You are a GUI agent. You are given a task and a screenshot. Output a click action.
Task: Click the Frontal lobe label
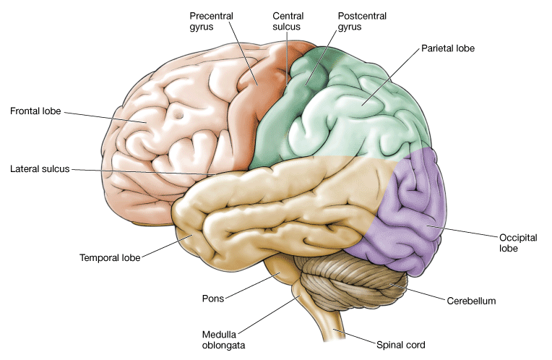coord(35,111)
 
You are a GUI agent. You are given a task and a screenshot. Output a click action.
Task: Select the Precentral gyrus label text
coord(209,21)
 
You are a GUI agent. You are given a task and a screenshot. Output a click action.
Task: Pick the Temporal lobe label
coord(111,256)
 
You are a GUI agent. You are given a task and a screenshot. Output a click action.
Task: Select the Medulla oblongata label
coord(224,339)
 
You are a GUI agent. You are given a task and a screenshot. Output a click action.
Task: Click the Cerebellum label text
coord(471,299)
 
